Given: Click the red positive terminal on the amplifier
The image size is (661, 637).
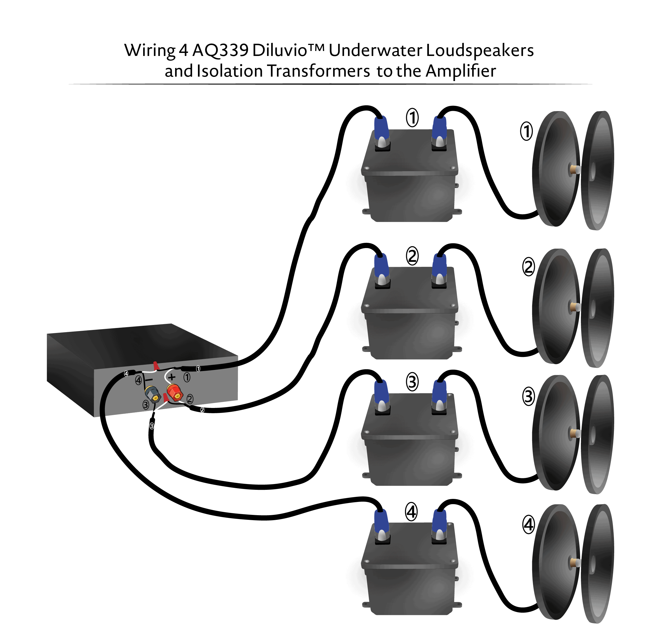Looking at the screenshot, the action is [175, 393].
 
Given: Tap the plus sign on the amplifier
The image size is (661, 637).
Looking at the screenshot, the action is [172, 377].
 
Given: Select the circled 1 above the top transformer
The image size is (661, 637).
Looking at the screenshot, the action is [412, 117].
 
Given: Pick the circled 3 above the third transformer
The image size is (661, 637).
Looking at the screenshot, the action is [412, 382].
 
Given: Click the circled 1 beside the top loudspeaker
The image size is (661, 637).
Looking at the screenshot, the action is [526, 131].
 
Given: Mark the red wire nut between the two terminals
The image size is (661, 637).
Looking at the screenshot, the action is [165, 398].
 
